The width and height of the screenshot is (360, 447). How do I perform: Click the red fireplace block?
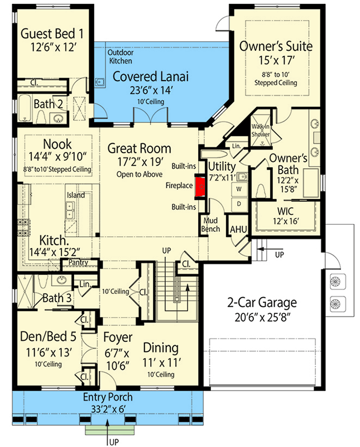199,187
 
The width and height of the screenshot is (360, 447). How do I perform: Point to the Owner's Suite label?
276,46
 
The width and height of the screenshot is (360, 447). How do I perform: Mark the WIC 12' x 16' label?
285,216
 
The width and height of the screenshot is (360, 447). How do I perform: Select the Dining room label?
161,348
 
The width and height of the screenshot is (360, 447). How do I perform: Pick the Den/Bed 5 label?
50,337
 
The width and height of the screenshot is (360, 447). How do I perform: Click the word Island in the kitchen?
76,195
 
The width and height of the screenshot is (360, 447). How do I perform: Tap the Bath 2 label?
51,104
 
